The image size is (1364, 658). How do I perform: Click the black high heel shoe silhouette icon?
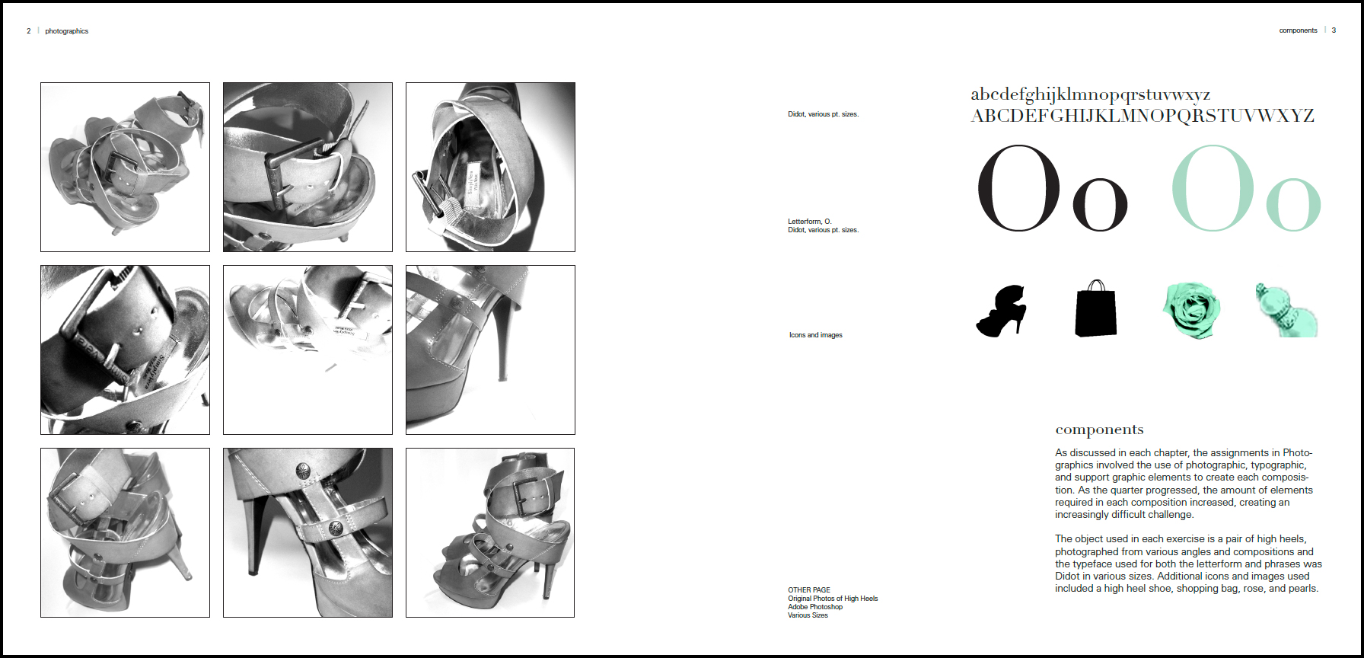click(x=1001, y=311)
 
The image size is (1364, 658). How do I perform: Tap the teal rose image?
click(x=1191, y=310)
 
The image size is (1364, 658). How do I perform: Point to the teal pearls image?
click(x=1286, y=311)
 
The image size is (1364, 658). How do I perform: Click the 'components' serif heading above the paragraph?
click(x=1099, y=430)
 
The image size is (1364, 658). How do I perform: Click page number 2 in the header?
click(x=29, y=31)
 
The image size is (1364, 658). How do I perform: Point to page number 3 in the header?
click(x=1334, y=30)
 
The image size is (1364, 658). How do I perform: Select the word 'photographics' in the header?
click(x=67, y=31)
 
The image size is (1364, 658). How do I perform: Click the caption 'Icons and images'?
click(x=816, y=335)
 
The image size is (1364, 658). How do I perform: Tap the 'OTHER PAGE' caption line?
click(x=809, y=590)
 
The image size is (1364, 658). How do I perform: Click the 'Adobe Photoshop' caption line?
click(x=815, y=607)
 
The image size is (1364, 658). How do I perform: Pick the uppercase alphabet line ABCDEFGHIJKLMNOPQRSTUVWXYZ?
click(x=1143, y=116)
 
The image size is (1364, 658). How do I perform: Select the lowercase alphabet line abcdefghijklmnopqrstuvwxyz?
click(x=1091, y=94)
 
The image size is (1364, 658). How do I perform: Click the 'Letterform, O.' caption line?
click(x=810, y=222)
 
